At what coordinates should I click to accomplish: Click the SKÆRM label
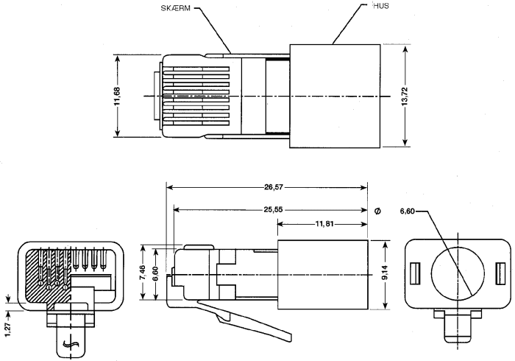point(175,8)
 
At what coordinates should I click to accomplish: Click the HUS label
point(381,6)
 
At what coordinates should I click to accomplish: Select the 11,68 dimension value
point(118,96)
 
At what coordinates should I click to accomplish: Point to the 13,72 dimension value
point(405,96)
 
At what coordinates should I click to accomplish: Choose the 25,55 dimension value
point(273,209)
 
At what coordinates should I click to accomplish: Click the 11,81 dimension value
point(324,224)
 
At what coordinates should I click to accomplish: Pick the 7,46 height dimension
point(142,273)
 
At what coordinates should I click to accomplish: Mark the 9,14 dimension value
point(385,273)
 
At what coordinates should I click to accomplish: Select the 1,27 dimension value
point(9,330)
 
